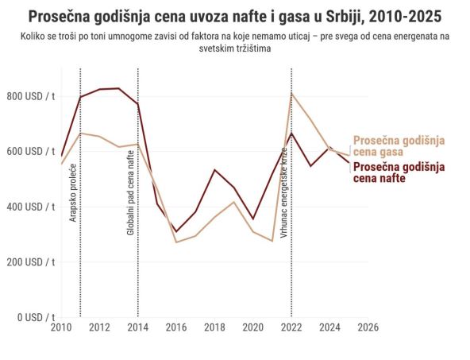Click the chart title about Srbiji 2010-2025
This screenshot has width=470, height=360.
click(x=235, y=17)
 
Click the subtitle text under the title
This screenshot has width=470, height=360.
click(x=235, y=42)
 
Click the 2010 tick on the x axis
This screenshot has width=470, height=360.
click(x=61, y=327)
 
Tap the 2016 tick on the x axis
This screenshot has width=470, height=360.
click(x=176, y=327)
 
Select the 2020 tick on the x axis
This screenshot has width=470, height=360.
click(x=252, y=327)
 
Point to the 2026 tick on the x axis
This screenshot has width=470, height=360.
click(x=367, y=327)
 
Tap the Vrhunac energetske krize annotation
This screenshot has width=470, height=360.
click(x=284, y=188)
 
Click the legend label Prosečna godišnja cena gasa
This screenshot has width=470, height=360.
click(x=399, y=145)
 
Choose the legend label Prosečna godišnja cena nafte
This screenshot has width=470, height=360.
click(x=399, y=172)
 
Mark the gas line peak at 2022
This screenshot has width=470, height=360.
click(x=291, y=94)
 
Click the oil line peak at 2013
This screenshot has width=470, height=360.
click(x=118, y=88)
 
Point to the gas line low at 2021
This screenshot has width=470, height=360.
click(x=272, y=241)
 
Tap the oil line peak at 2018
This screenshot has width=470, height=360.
click(x=214, y=169)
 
